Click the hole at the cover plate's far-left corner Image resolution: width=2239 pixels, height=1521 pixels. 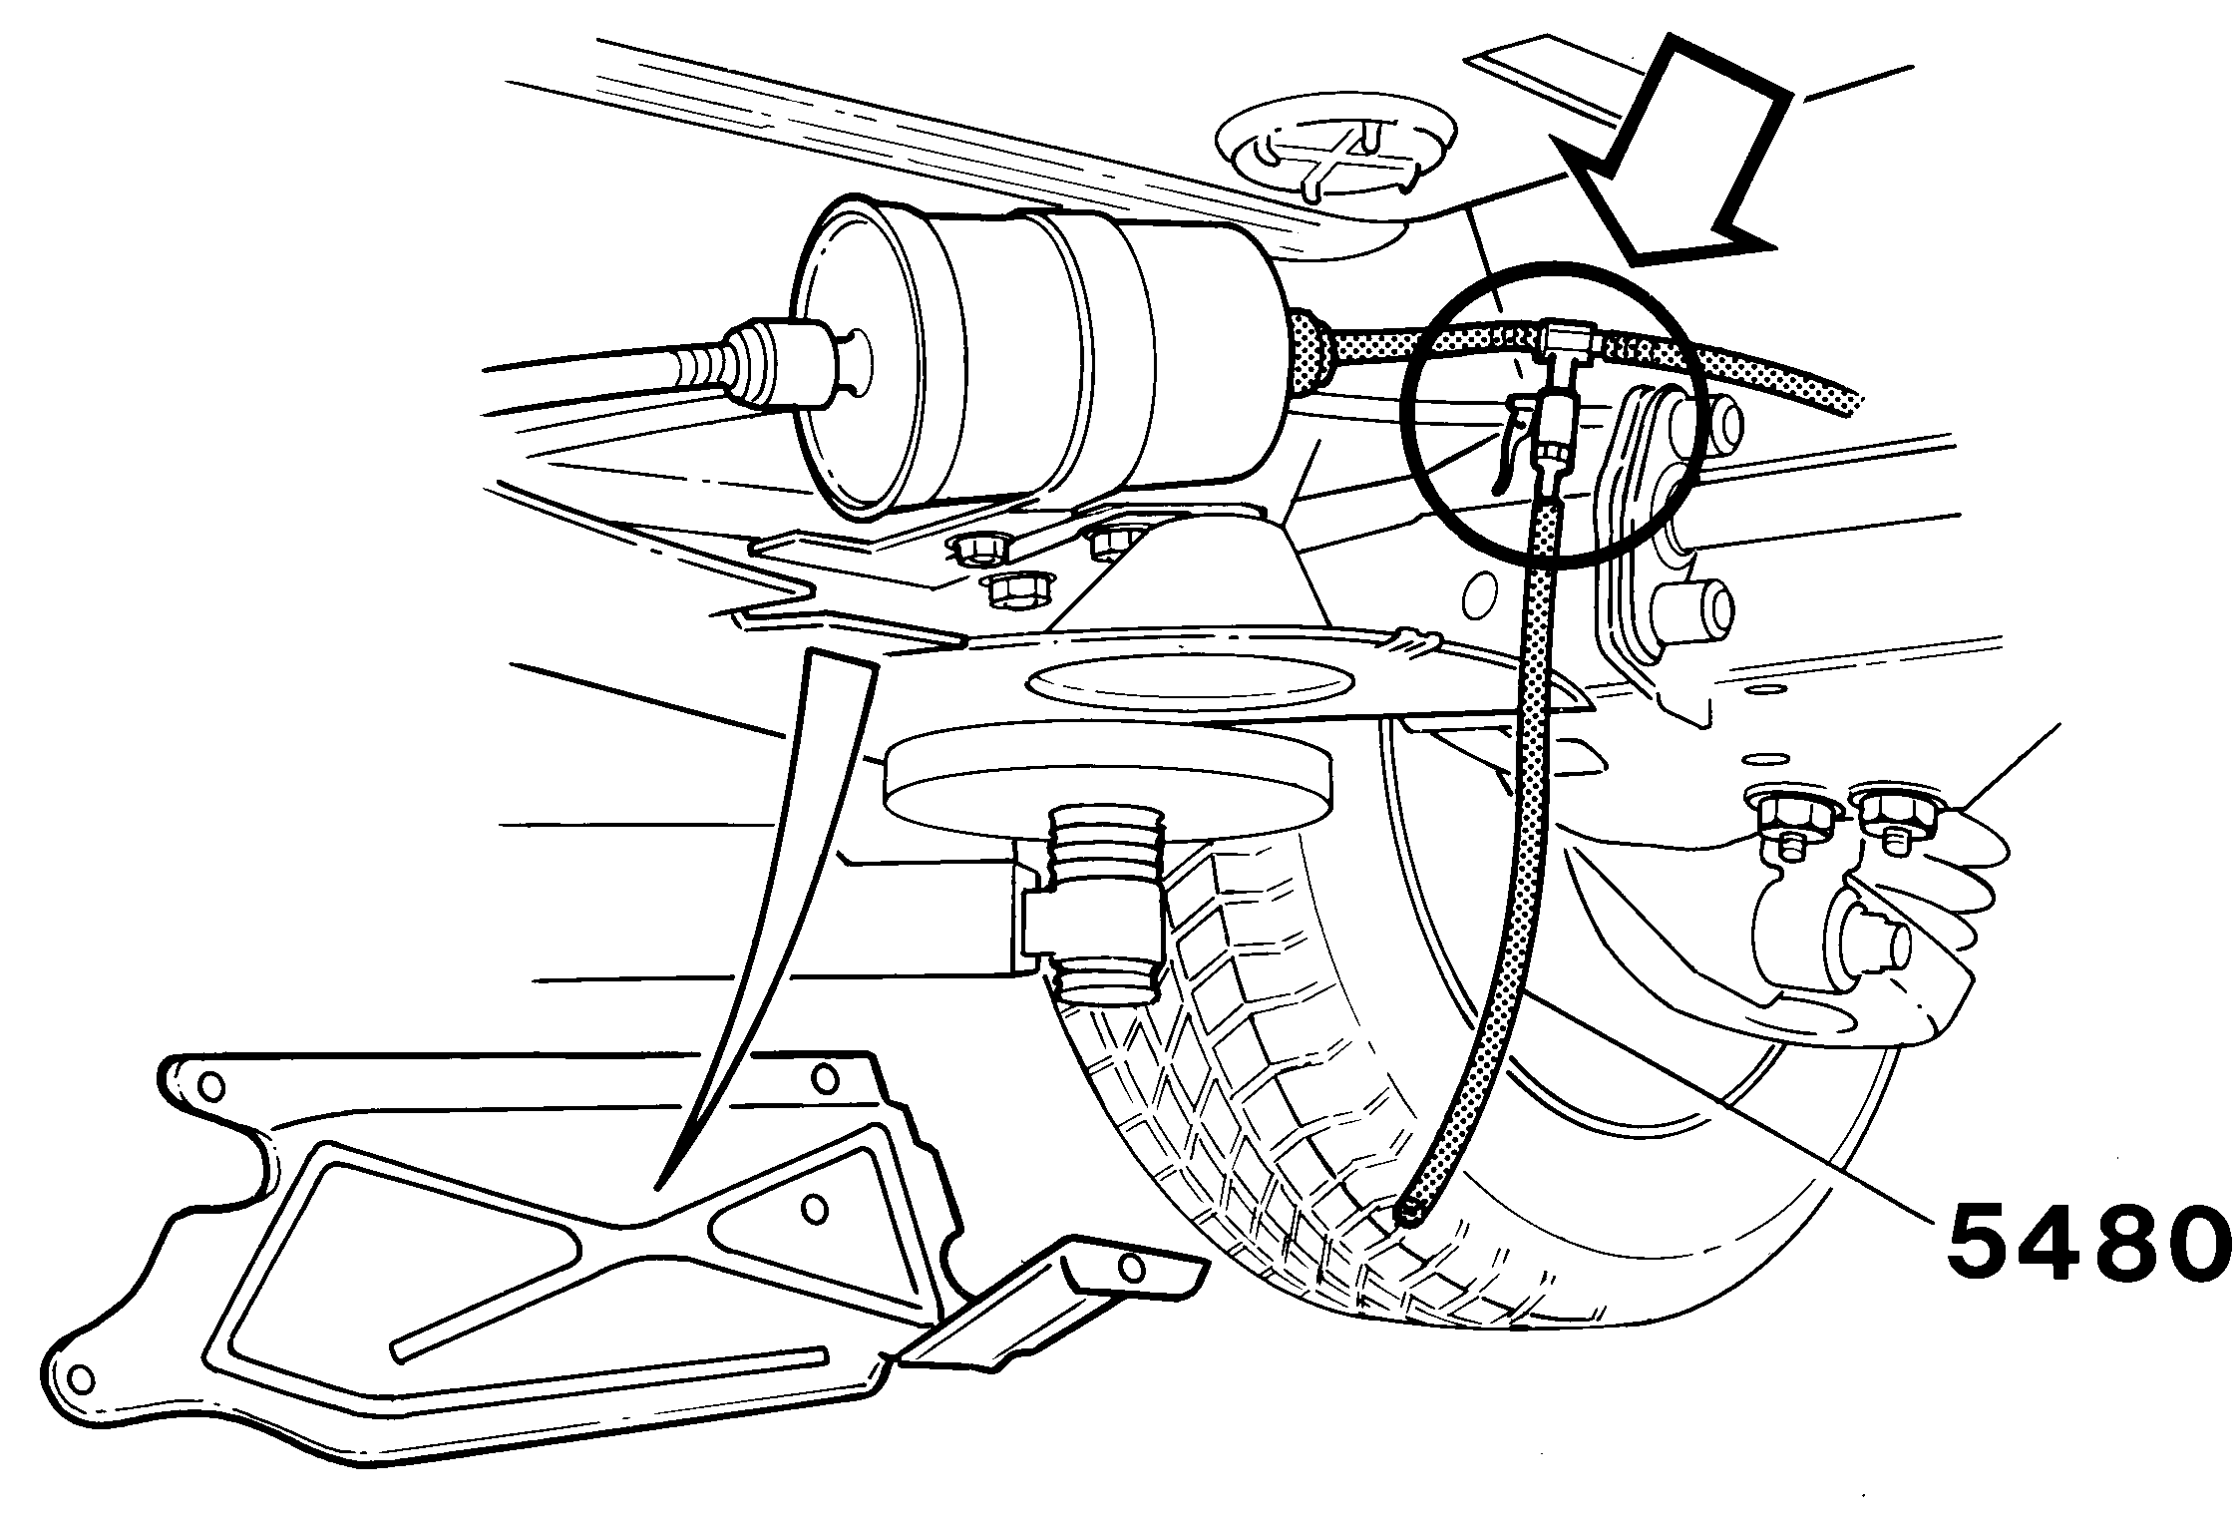(x=82, y=1378)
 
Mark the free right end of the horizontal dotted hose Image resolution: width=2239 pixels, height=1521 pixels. (x=1851, y=404)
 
